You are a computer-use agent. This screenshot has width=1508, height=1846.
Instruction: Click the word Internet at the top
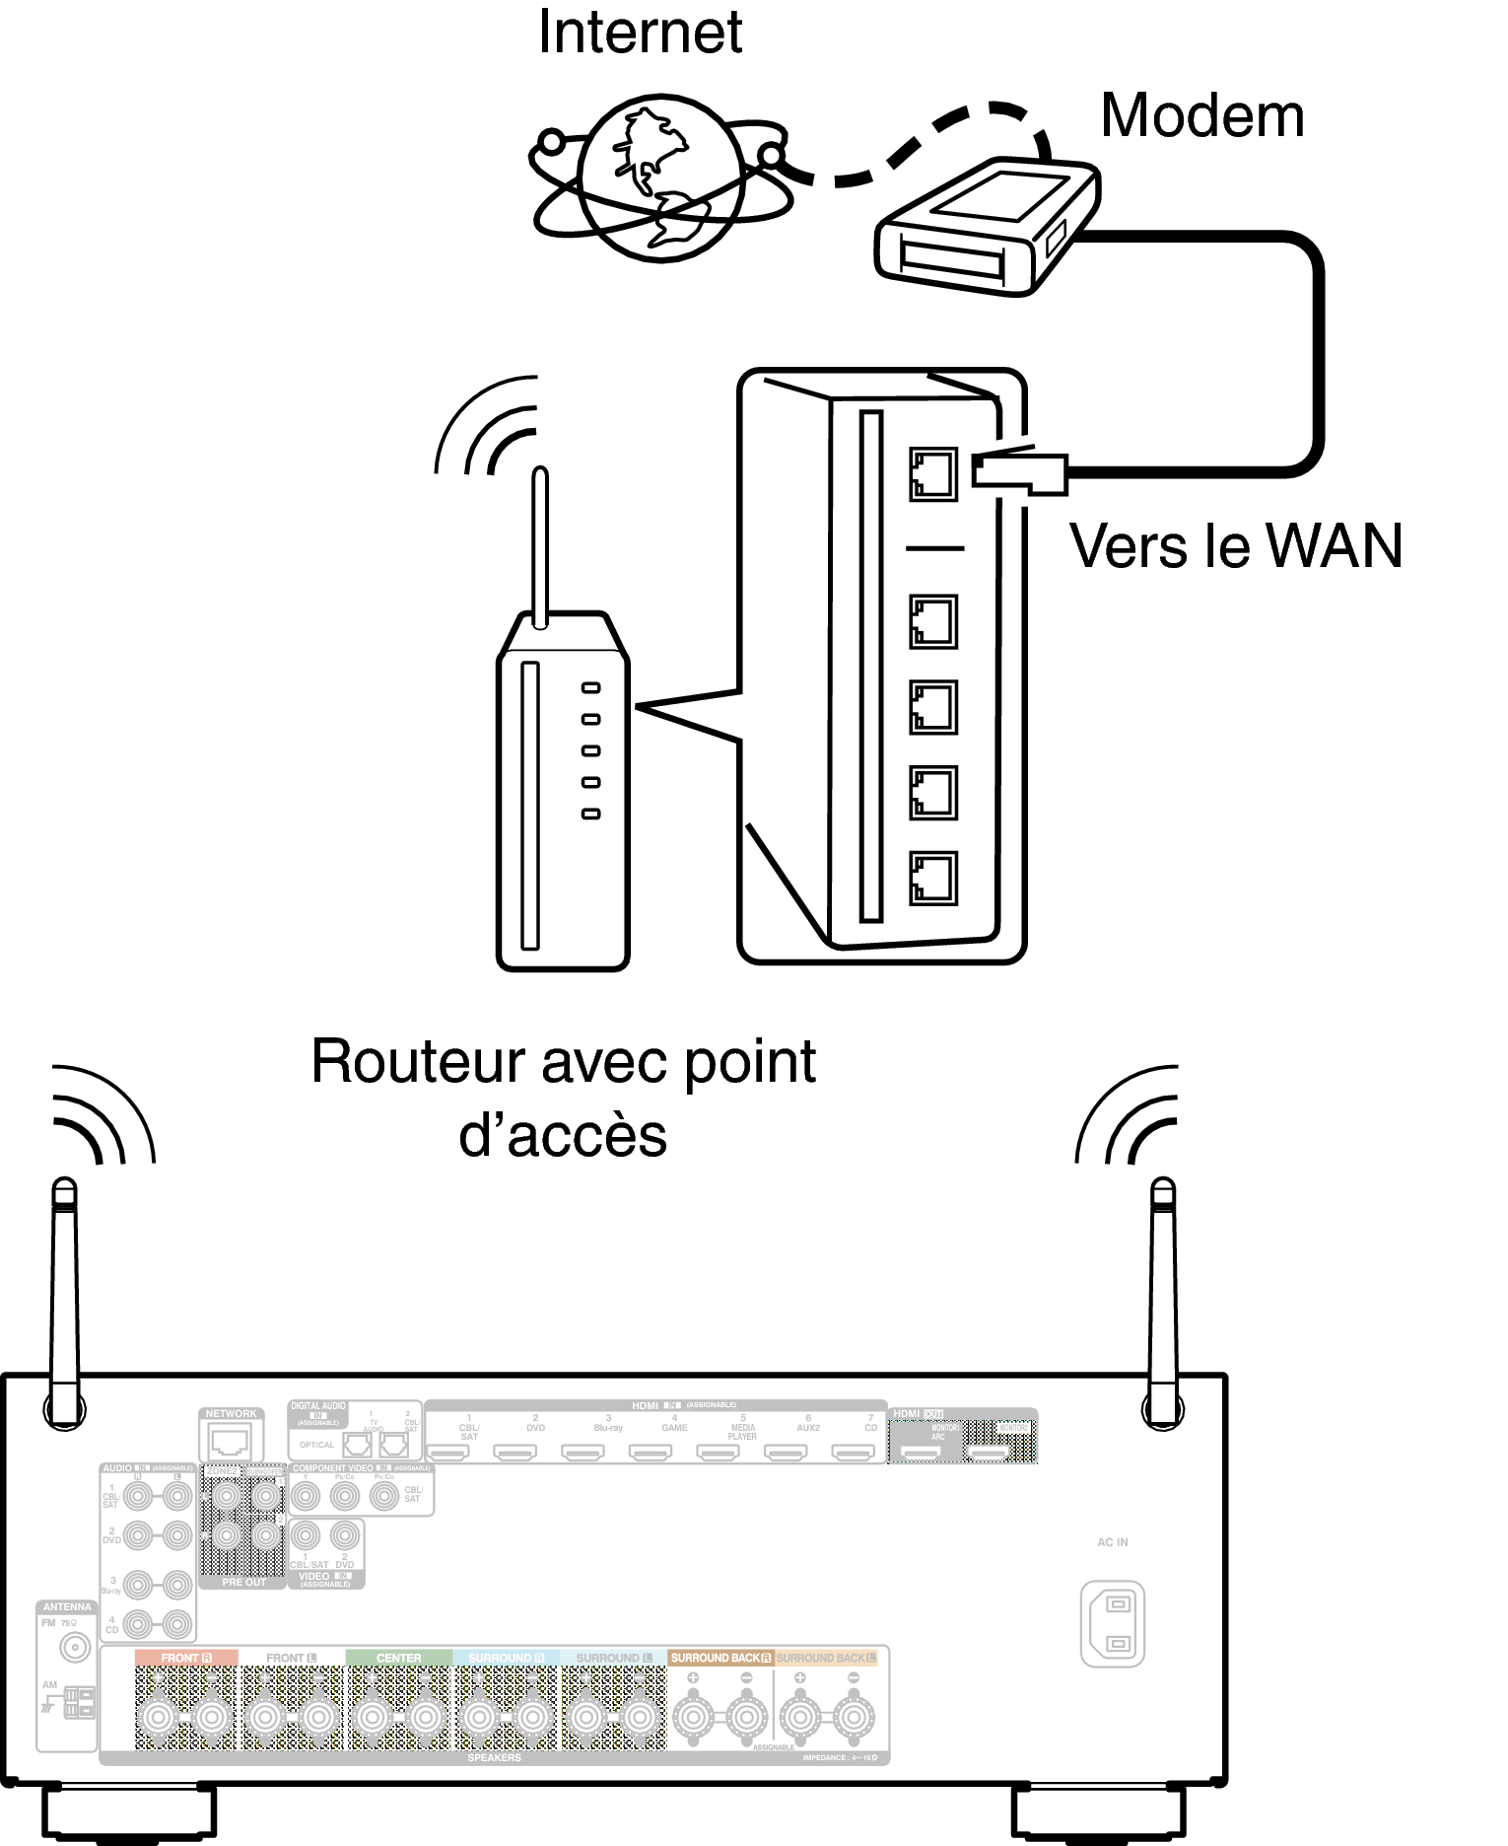640,32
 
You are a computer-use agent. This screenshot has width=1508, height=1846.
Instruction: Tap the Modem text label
1201,116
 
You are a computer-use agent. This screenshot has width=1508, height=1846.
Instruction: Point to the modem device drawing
986,227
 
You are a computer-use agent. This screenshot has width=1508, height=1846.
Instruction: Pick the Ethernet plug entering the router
1020,472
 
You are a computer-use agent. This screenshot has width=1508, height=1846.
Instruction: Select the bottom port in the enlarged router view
932,878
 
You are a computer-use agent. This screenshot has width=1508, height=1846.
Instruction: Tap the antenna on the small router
539,547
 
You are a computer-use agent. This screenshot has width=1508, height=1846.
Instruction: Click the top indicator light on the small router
590,688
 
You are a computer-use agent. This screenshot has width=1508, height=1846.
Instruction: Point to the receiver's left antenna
64,1302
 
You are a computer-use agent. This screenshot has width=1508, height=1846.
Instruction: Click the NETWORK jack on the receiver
231,1443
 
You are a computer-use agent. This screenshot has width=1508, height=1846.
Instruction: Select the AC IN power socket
1112,1624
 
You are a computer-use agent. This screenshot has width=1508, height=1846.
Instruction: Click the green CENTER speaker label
398,1658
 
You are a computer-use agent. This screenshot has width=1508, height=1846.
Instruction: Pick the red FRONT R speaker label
186,1658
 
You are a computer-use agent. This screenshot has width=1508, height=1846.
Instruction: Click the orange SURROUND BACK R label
720,1658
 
